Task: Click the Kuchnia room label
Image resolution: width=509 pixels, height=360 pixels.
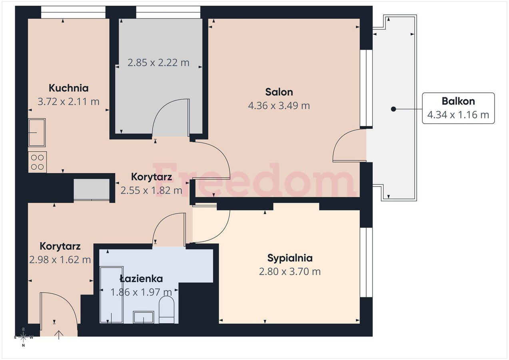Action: coord(69,88)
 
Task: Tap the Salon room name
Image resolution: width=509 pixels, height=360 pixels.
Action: coord(279,92)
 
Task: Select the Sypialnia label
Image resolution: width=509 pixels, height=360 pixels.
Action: coord(290,258)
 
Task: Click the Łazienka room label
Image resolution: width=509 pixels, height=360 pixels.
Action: coord(141,279)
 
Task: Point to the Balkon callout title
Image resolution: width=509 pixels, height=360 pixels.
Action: coord(458,101)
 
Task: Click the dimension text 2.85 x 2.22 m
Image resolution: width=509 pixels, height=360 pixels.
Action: coord(158,63)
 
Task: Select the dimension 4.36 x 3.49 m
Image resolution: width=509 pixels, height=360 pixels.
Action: coord(279,106)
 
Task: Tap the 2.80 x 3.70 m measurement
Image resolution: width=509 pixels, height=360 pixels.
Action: coord(290,272)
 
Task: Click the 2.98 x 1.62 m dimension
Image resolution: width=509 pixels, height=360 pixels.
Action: coord(60,260)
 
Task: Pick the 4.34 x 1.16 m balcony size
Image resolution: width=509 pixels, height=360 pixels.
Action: coord(458,115)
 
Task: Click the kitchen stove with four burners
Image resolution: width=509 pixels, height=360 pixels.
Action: coord(38,162)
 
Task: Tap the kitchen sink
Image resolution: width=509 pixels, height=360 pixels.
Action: coord(37,132)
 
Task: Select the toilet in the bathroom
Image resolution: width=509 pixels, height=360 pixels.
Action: coord(167,310)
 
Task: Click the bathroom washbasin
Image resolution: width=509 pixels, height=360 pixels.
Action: coord(144,317)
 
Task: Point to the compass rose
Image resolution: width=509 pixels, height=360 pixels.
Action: coord(24,337)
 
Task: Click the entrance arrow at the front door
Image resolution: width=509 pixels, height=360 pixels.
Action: coord(59,335)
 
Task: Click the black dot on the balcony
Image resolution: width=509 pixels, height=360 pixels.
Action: coord(393,109)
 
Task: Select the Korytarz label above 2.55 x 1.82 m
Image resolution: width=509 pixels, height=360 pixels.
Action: coord(152,177)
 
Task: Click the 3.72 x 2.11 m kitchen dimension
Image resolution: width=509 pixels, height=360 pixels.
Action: coord(68,102)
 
